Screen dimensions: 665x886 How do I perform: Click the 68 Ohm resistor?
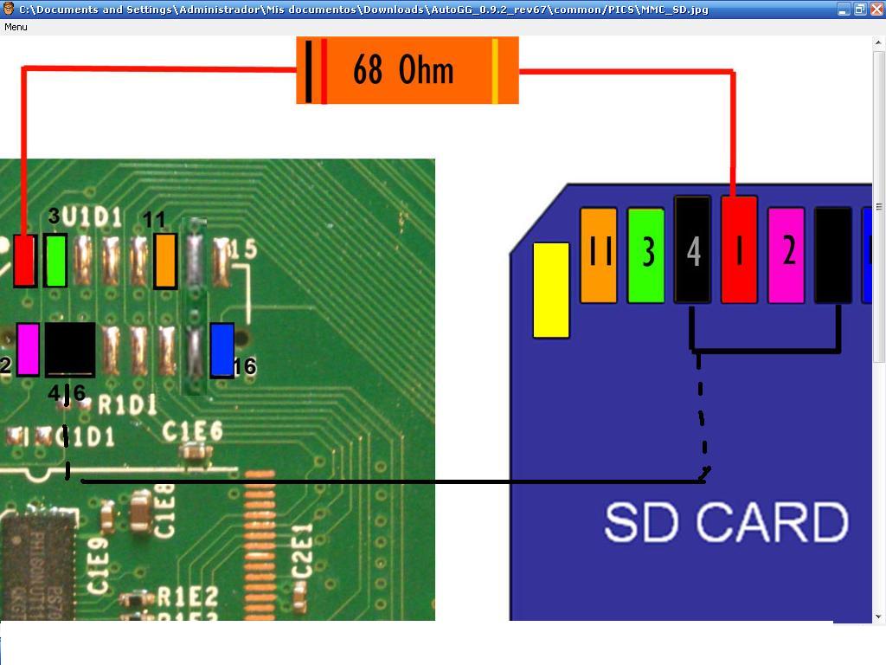click(x=407, y=70)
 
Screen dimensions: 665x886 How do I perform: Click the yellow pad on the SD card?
click(x=551, y=289)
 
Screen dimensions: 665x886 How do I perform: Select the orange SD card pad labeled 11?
click(x=599, y=255)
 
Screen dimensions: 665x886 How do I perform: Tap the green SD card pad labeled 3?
click(x=645, y=255)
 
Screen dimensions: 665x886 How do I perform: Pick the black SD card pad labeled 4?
click(x=692, y=249)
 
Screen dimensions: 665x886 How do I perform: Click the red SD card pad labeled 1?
click(x=739, y=249)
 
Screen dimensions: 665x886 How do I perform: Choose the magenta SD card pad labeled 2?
click(x=786, y=255)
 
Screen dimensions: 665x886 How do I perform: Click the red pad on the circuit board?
click(x=24, y=261)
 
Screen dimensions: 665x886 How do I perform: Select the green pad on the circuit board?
click(x=55, y=260)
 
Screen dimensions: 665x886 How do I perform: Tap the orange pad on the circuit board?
click(x=165, y=261)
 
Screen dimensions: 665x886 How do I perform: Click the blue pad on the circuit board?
click(x=222, y=350)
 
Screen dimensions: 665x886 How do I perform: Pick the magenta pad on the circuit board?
click(x=28, y=349)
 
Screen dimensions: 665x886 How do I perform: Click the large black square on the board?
click(x=69, y=350)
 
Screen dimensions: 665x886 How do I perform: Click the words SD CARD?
click(x=725, y=522)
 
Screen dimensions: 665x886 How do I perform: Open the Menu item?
click(x=16, y=27)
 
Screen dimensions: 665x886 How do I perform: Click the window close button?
click(x=876, y=9)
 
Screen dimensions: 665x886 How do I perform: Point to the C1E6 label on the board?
click(x=193, y=430)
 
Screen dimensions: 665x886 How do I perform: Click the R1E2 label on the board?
click(x=188, y=596)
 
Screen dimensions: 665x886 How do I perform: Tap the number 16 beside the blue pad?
click(x=245, y=367)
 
